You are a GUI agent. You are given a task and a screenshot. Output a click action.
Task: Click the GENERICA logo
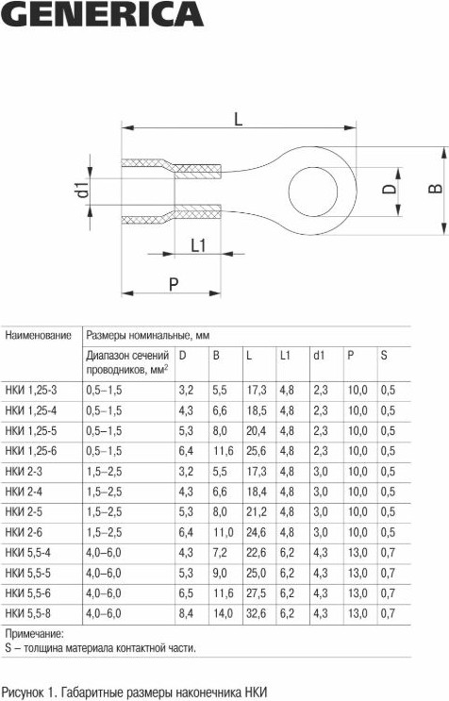pyautogui.click(x=102, y=14)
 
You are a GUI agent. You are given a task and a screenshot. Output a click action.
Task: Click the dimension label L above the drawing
pyautogui.click(x=238, y=119)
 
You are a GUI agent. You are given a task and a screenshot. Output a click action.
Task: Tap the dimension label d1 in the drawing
pyautogui.click(x=83, y=189)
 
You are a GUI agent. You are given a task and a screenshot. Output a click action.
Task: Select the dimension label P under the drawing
pyautogui.click(x=174, y=284)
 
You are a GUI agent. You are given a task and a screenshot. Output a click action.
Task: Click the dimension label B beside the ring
pyautogui.click(x=434, y=189)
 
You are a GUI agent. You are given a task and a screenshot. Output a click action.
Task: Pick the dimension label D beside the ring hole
pyautogui.click(x=390, y=189)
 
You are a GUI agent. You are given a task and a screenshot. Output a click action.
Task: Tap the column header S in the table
pyautogui.click(x=384, y=356)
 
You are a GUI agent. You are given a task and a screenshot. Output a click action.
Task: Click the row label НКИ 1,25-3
pyautogui.click(x=31, y=391)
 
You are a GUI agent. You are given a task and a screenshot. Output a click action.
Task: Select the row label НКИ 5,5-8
pyautogui.click(x=27, y=613)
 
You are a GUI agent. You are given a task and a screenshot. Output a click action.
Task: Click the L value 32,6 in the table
pyautogui.click(x=257, y=613)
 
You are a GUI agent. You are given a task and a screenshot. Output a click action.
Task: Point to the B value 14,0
pyautogui.click(x=223, y=613)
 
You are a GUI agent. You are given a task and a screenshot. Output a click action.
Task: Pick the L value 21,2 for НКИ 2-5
pyautogui.click(x=257, y=512)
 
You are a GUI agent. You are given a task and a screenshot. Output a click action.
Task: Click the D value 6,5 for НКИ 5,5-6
pyautogui.click(x=186, y=593)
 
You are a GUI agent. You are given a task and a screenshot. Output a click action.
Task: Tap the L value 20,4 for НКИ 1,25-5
pyautogui.click(x=257, y=431)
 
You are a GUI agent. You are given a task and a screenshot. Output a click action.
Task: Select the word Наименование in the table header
pyautogui.click(x=39, y=335)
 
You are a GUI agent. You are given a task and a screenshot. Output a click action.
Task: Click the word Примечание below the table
pyautogui.click(x=34, y=633)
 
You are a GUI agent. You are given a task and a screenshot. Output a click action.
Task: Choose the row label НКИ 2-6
pyautogui.click(x=24, y=532)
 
